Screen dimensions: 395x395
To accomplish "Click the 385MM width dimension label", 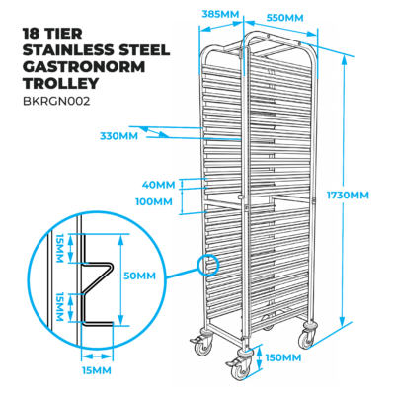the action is (x=220, y=14).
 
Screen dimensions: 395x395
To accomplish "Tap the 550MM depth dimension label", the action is (x=284, y=18).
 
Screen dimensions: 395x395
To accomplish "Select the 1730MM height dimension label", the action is (x=348, y=195).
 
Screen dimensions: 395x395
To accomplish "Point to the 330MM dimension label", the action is (x=118, y=136).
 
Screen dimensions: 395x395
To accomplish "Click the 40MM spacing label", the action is (x=158, y=185).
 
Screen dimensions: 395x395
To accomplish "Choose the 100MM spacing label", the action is (x=154, y=201).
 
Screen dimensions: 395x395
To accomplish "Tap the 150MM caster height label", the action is (x=283, y=357).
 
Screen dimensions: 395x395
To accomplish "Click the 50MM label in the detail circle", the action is (x=139, y=276).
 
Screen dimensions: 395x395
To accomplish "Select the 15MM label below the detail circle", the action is (x=97, y=370).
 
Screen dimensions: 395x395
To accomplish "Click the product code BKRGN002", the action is (x=56, y=101).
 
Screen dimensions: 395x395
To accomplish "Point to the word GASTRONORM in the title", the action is (x=84, y=67).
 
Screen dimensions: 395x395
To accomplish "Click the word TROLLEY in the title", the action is (x=61, y=83).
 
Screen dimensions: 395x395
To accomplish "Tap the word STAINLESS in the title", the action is (x=67, y=50).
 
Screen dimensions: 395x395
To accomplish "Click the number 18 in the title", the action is (x=30, y=34).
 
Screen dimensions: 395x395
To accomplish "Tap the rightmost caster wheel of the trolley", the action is (x=307, y=338).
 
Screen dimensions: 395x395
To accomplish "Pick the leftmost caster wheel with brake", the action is (x=203, y=345).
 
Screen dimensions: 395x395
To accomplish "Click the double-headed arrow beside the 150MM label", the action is (x=260, y=357).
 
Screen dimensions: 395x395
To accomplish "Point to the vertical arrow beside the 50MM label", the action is (x=120, y=279).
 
